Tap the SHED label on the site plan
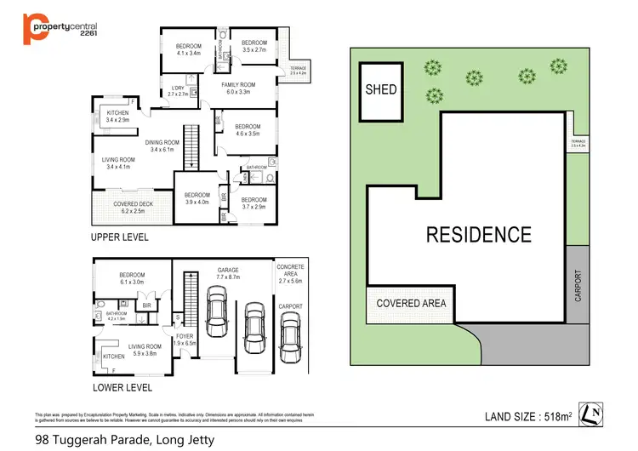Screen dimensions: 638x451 pos(380,89)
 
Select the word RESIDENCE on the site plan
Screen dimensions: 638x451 pos(478,234)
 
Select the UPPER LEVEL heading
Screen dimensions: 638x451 pos(120,237)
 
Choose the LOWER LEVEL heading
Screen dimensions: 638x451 pos(122,387)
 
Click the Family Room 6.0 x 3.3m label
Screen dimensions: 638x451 pos(238,89)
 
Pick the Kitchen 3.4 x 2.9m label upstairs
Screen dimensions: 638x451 pos(117,117)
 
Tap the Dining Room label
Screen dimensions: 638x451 pos(162,146)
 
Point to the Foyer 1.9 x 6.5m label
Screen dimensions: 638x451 pos(184,340)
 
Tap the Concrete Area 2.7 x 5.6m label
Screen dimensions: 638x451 pos(291,274)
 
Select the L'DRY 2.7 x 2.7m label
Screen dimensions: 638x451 pos(178,91)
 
